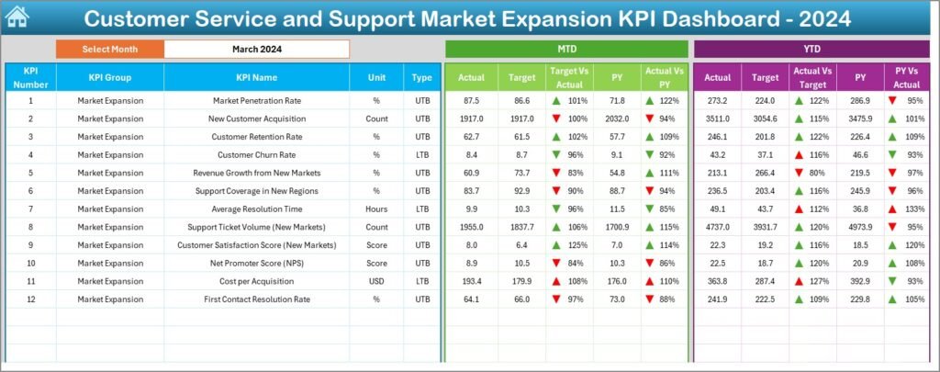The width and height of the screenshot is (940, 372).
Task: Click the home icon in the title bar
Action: [17, 17]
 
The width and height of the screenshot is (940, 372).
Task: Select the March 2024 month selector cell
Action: [257, 49]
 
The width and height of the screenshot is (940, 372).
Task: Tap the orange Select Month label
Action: [110, 49]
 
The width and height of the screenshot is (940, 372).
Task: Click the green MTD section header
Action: [566, 49]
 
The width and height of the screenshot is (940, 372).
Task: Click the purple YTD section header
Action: [812, 49]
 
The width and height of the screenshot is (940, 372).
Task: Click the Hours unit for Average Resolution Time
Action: [376, 209]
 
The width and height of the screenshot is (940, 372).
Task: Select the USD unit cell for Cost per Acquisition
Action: [376, 279]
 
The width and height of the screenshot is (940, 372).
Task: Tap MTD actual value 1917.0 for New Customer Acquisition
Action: [471, 118]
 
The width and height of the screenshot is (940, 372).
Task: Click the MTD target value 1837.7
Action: [521, 226]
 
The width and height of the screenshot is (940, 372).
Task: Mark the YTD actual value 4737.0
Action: [719, 226]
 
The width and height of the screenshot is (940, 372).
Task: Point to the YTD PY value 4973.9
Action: [860, 226]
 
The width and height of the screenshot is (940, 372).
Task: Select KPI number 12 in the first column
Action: [30, 298]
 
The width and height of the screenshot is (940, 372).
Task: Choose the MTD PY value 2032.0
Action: [618, 118]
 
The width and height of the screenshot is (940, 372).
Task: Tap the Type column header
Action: [421, 78]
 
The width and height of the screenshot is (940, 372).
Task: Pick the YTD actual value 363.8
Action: [719, 279]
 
